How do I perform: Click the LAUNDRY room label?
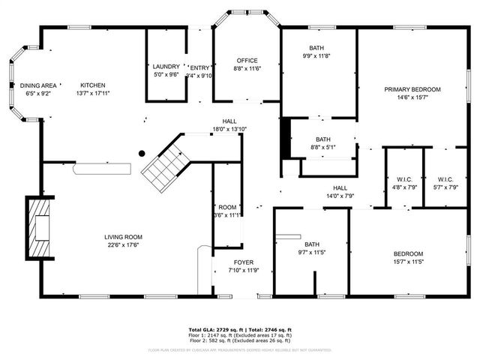tap(166, 67)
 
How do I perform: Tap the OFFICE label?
tap(247, 61)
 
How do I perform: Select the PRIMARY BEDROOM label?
tap(412, 89)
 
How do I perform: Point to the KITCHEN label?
tap(93, 85)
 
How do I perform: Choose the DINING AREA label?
tap(37, 85)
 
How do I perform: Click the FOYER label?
tap(244, 262)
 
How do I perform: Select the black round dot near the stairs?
tap(141, 154)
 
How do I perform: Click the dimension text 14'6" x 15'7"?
tap(412, 97)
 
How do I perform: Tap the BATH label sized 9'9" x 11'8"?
tap(317, 48)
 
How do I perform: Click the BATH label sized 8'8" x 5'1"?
tap(322, 139)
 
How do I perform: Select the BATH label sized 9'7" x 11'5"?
tap(312, 244)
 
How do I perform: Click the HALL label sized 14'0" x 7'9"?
tap(340, 187)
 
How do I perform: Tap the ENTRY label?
tap(200, 67)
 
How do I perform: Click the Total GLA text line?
tap(239, 330)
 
